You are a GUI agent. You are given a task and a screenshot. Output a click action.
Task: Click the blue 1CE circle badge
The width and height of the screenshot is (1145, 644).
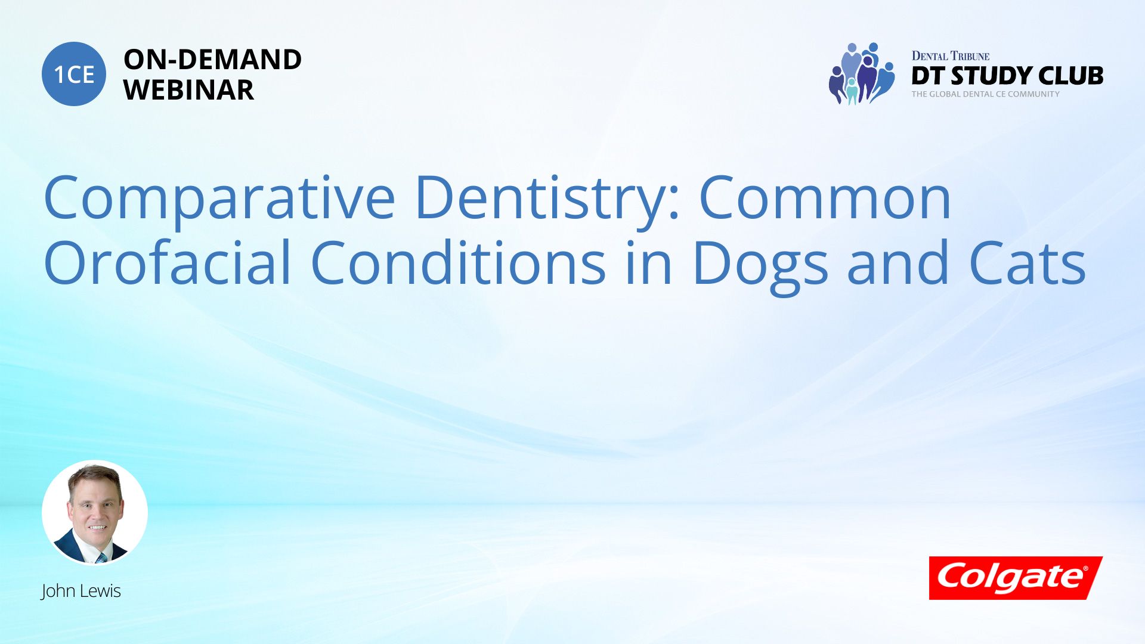pyautogui.click(x=74, y=74)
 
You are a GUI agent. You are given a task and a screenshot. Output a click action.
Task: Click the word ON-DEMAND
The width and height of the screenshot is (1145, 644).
pyautogui.click(x=212, y=60)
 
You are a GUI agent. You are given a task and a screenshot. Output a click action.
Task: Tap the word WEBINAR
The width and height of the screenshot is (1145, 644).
pyautogui.click(x=188, y=90)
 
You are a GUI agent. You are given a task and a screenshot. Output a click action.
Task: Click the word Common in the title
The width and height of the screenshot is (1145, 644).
pyautogui.click(x=825, y=197)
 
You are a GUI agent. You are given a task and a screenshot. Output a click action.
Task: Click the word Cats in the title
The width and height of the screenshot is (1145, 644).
pyautogui.click(x=1028, y=263)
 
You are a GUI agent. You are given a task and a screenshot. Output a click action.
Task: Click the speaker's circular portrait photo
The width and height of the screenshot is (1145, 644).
pyautogui.click(x=95, y=513)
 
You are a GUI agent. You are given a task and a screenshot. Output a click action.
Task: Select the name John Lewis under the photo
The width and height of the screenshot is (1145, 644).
pyautogui.click(x=81, y=591)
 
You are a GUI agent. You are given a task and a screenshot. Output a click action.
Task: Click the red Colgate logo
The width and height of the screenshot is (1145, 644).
pyautogui.click(x=1016, y=578)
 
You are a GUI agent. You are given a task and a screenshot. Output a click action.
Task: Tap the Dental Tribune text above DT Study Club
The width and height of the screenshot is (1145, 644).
pyautogui.click(x=951, y=56)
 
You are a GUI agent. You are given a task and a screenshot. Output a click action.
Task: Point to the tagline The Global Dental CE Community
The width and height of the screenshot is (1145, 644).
pyautogui.click(x=986, y=94)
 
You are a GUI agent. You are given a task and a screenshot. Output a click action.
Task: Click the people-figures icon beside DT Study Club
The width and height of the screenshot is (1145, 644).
pyautogui.click(x=862, y=74)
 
